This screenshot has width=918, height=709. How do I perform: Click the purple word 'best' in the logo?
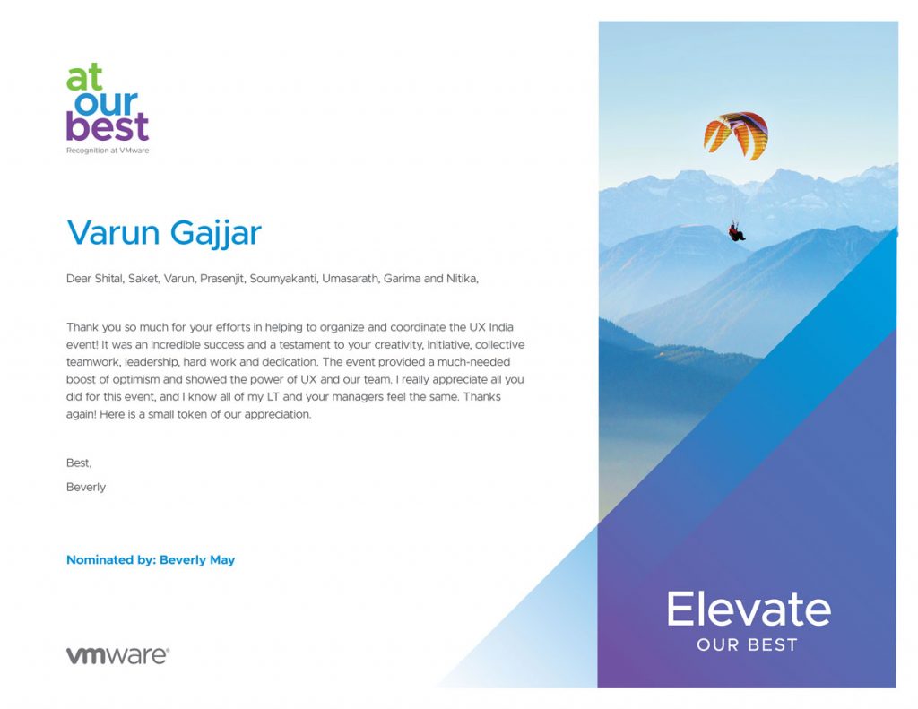[108, 125]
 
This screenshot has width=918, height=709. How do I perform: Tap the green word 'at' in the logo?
[84, 77]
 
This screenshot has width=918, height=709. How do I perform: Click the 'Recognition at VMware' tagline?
[108, 151]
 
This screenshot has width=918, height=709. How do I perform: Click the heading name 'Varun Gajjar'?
[164, 232]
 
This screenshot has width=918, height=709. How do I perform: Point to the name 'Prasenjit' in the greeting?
[222, 279]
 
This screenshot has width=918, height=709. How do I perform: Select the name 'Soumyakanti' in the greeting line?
[283, 279]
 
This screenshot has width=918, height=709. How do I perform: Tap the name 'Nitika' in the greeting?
[463, 279]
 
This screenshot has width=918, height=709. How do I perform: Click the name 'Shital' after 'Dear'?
[108, 279]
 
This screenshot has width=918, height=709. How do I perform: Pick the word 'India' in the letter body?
[501, 326]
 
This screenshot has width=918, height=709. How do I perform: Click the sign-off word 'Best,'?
[79, 463]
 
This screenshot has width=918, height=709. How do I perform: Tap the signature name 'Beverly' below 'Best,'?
[86, 487]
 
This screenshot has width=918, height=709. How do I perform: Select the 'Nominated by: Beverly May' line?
[151, 559]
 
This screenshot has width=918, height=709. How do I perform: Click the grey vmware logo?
[117, 655]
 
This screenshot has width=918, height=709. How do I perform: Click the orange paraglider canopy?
[737, 134]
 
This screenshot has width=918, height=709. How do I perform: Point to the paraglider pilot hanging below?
[736, 231]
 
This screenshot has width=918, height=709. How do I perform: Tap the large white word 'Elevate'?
[749, 609]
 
